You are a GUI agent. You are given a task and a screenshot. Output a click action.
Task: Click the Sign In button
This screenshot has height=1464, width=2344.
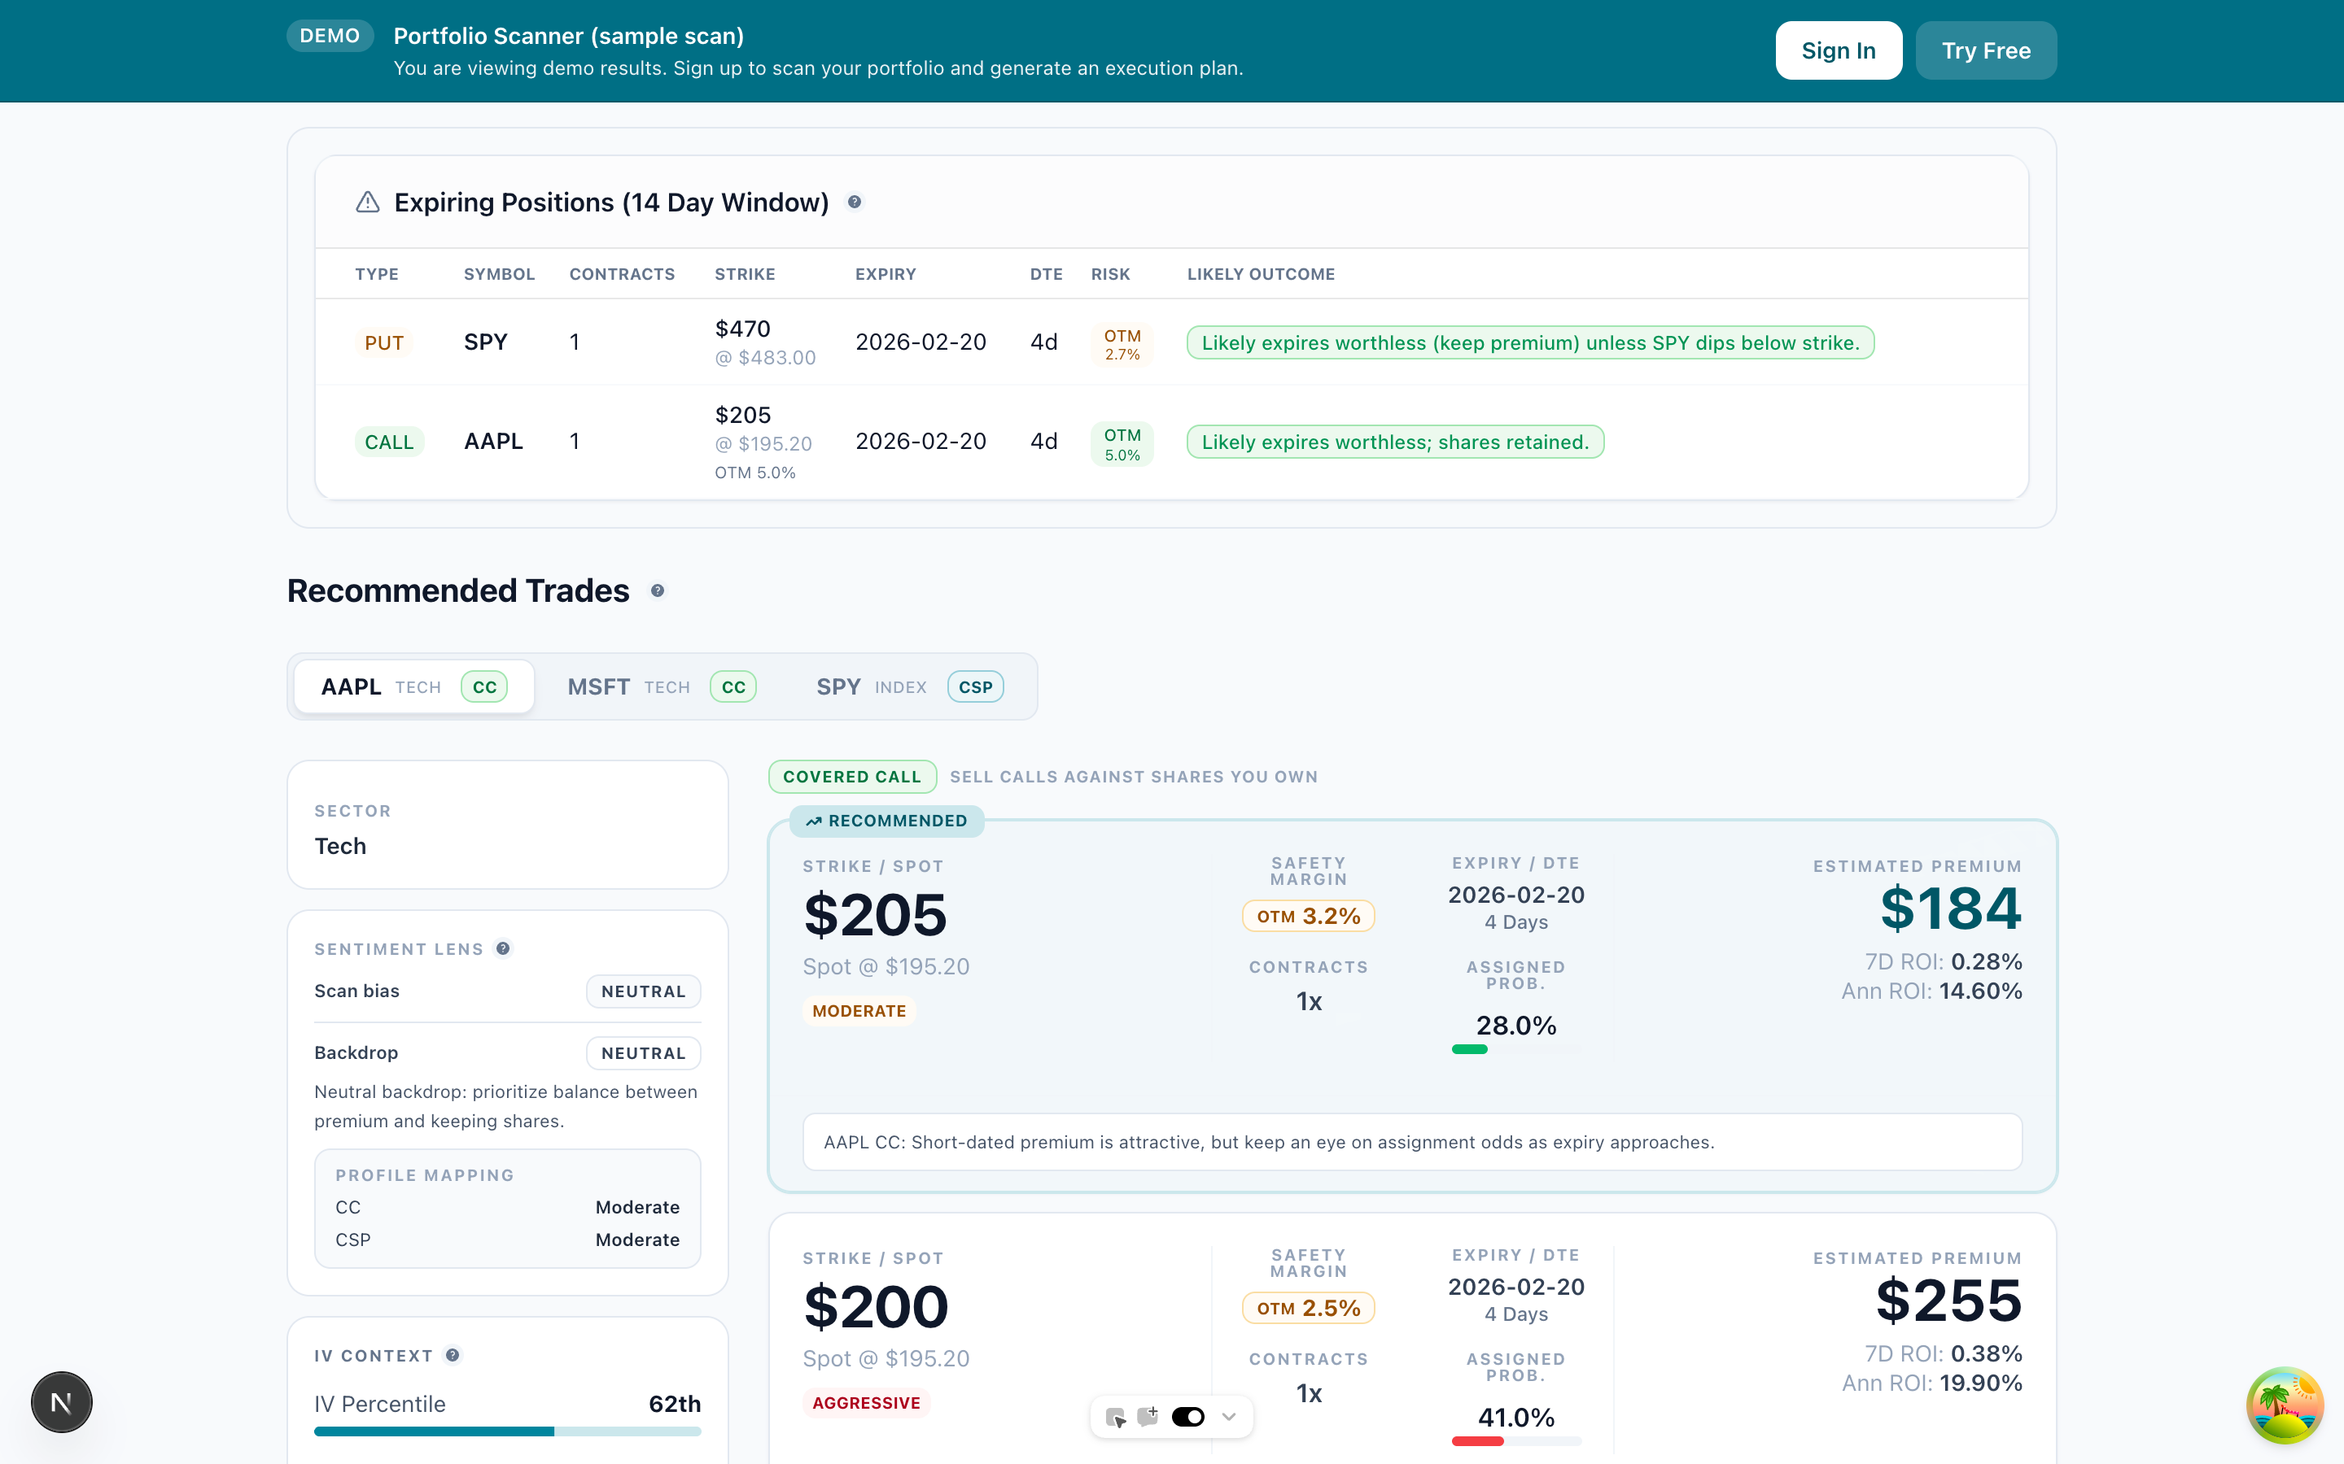click(x=1838, y=50)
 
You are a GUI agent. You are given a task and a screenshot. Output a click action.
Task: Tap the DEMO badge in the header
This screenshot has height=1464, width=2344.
click(x=330, y=36)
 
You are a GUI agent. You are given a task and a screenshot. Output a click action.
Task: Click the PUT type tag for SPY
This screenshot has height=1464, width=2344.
click(x=383, y=342)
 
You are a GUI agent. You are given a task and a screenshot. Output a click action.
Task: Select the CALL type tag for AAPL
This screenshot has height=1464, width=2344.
click(x=388, y=442)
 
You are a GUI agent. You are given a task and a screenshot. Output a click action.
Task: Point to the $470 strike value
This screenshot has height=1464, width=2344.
click(x=742, y=329)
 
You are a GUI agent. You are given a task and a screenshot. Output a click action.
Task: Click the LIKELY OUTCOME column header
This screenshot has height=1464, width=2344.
click(x=1260, y=274)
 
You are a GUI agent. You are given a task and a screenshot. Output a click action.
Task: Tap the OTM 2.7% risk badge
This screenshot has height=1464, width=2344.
click(x=1122, y=344)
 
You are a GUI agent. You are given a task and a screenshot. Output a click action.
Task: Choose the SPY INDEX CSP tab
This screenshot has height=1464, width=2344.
click(x=908, y=686)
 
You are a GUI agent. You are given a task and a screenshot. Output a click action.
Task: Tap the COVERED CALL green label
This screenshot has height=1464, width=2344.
click(x=851, y=777)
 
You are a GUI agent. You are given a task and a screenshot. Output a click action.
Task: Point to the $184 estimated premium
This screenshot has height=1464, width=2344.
click(x=1950, y=908)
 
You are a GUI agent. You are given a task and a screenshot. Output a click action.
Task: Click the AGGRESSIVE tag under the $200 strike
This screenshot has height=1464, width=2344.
click(x=866, y=1403)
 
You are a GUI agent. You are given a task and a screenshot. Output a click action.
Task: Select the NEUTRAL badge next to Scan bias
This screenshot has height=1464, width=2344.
click(x=643, y=991)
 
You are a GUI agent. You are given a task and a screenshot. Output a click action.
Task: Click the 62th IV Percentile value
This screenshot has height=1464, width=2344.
click(x=674, y=1404)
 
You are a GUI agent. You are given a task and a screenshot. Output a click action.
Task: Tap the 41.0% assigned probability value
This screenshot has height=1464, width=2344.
click(x=1515, y=1418)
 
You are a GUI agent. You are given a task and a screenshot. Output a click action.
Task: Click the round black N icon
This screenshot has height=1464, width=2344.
click(x=61, y=1402)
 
